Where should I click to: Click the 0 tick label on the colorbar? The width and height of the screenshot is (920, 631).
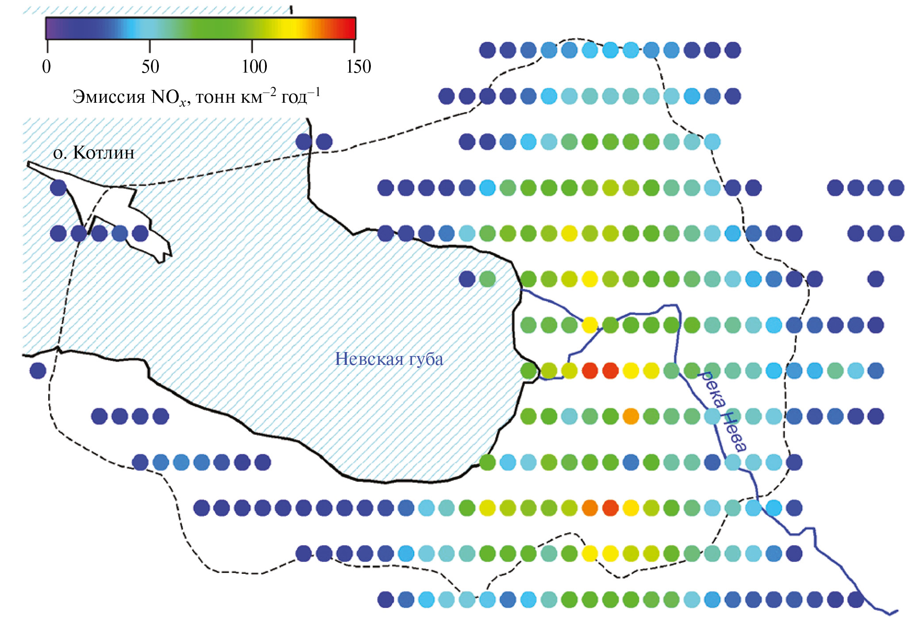point(46,67)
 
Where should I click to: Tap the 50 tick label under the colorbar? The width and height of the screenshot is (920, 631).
point(150,67)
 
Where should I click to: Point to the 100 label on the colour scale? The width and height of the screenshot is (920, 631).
point(254,67)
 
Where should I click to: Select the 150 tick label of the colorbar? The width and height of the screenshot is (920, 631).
point(358,67)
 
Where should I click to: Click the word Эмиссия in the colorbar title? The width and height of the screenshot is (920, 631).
point(109,97)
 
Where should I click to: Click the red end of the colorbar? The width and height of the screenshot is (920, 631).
point(351,28)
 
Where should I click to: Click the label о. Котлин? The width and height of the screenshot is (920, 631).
point(94,153)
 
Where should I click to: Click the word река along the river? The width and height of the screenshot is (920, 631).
point(712,389)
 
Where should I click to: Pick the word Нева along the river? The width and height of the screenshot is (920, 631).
point(735,431)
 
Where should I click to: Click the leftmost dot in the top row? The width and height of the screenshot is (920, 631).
point(487,50)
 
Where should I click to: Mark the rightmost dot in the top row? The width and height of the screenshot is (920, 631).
point(733,50)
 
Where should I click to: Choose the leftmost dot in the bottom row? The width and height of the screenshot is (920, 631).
point(385,600)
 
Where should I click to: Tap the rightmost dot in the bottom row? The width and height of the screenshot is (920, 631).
point(856,600)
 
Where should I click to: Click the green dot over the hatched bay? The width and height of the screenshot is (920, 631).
point(487,279)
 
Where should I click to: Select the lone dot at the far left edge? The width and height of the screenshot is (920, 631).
point(38,370)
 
